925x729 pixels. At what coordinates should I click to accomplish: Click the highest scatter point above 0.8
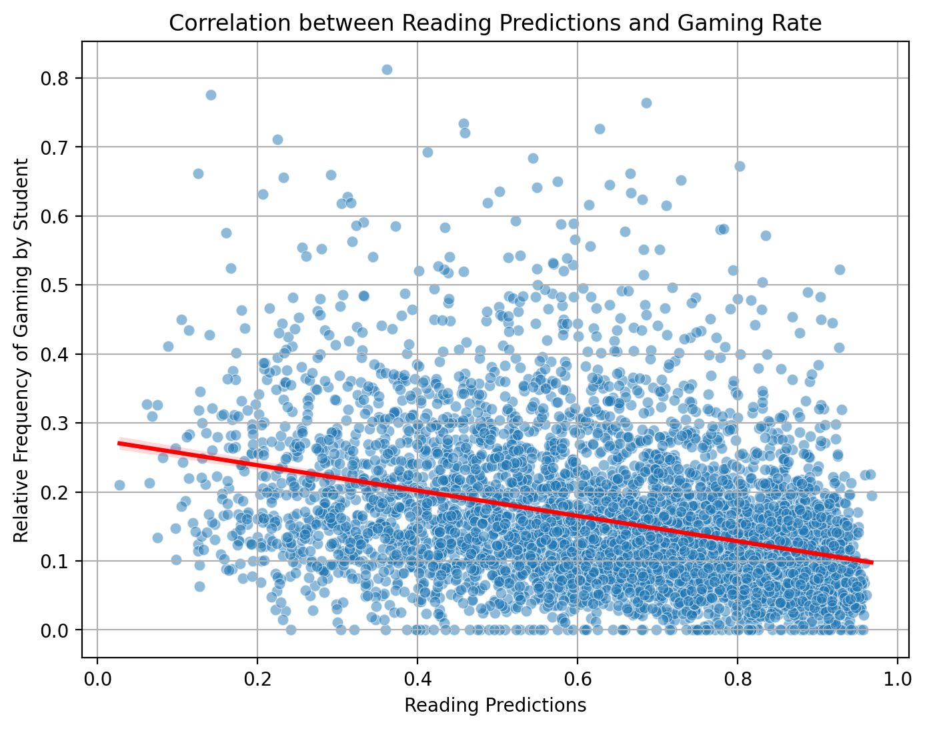(x=387, y=69)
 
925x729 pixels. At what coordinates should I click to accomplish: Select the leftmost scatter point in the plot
(x=119, y=485)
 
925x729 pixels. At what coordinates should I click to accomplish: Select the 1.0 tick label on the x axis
(x=897, y=680)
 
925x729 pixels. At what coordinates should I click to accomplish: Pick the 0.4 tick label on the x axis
(x=417, y=680)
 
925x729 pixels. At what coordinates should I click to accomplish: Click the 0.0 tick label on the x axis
(x=98, y=680)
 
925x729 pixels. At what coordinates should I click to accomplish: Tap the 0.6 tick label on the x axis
(x=578, y=680)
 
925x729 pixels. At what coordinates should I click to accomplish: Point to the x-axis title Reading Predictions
(x=496, y=705)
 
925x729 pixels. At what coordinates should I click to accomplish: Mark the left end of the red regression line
(x=119, y=443)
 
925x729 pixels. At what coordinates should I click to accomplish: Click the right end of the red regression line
(x=872, y=562)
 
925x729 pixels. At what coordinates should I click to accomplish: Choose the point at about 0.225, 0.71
(x=277, y=139)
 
